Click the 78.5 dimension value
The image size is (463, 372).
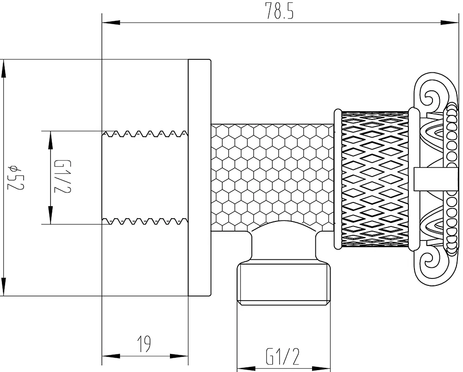[279, 11]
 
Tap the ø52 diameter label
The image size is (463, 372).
[16, 177]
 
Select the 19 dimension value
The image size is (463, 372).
[144, 344]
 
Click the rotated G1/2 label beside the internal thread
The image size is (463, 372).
[63, 177]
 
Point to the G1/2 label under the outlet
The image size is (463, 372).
[282, 357]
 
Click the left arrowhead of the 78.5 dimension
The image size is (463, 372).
[111, 23]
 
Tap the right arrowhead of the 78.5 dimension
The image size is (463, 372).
[449, 23]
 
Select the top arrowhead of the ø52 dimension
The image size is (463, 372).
[4, 69]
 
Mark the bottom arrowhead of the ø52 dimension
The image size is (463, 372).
[4, 286]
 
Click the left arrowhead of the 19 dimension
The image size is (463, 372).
[111, 356]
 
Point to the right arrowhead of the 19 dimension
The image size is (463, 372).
[179, 356]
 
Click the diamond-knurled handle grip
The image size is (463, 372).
[375, 179]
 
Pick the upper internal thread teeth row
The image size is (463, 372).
[145, 133]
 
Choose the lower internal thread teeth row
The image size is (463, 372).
[145, 221]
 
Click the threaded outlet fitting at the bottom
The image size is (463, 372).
[284, 284]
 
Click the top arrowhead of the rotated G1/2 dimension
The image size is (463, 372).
[50, 140]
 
